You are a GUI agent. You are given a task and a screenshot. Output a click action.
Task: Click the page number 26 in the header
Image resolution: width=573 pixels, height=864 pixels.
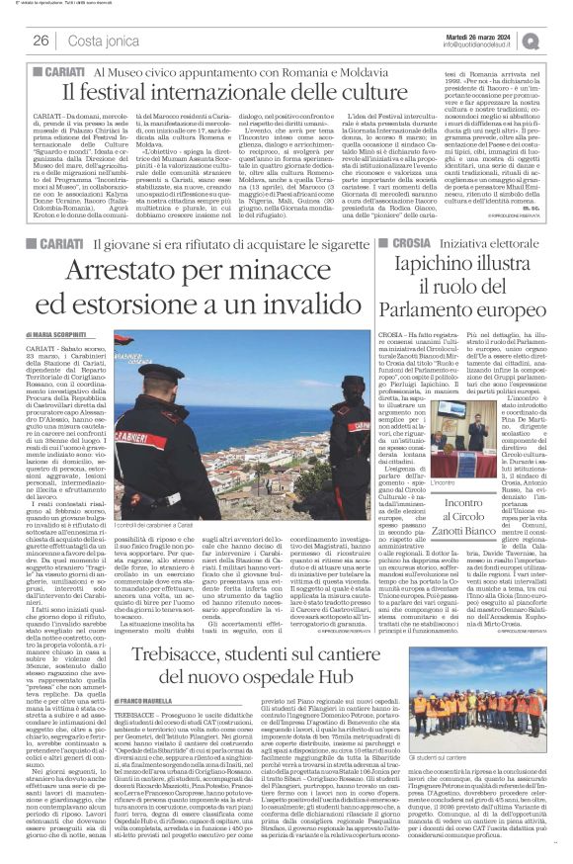(x=41, y=41)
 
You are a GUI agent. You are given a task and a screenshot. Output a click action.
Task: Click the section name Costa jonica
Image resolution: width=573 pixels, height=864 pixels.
(x=98, y=41)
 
